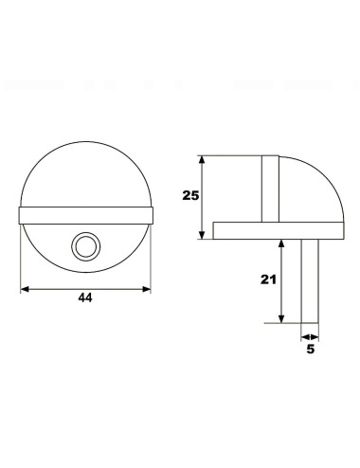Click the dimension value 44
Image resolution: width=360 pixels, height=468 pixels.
click(85, 297)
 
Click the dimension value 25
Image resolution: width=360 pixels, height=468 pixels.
click(190, 196)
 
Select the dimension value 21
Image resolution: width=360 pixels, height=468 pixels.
click(268, 279)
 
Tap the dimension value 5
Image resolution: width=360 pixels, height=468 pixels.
click(311, 349)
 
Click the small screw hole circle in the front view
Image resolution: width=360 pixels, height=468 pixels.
click(86, 246)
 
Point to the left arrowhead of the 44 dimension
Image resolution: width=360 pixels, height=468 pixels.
click(25, 289)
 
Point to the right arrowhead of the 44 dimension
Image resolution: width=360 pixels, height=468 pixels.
click(147, 289)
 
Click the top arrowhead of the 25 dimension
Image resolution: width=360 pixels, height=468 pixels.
click(203, 159)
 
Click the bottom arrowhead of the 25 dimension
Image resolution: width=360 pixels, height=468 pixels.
click(203, 235)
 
